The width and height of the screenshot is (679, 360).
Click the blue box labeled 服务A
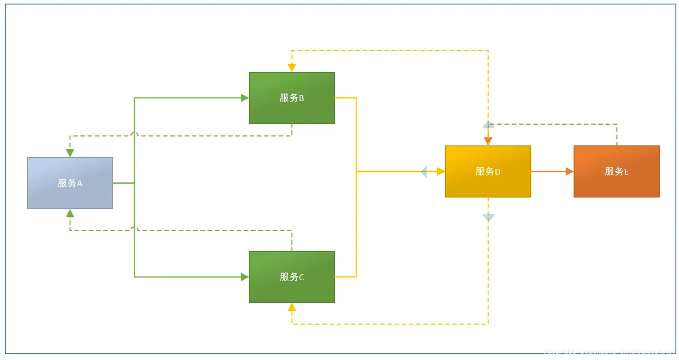(70, 183)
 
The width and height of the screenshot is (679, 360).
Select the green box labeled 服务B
(292, 98)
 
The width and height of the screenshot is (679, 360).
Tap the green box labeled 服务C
(292, 277)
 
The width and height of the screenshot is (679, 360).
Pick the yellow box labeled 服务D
(488, 171)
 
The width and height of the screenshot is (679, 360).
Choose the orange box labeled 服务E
(617, 171)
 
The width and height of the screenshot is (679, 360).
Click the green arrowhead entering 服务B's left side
(245, 98)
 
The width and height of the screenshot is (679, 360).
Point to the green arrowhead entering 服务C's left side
(245, 277)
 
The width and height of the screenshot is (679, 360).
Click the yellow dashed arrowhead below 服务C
(292, 307)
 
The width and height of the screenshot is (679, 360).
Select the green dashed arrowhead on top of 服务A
(70, 153)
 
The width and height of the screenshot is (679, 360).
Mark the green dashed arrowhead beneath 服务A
(70, 213)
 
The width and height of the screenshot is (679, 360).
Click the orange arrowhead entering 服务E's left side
(569, 171)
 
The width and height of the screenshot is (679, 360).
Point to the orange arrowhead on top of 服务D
(488, 142)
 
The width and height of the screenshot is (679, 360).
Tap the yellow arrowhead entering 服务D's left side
(441, 171)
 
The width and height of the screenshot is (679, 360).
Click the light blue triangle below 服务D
(488, 217)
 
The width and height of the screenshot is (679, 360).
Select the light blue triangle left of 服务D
(423, 171)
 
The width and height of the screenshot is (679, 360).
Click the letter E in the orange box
(626, 171)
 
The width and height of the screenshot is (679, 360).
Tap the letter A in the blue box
(79, 183)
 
